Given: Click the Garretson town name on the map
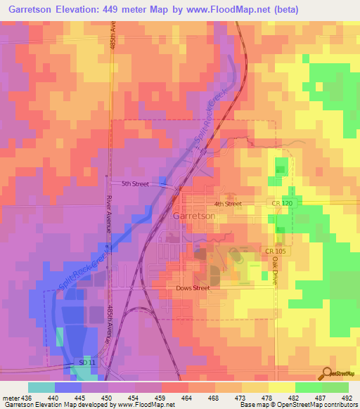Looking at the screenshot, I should pyautogui.click(x=193, y=216).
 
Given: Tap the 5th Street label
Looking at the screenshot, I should pyautogui.click(x=135, y=184).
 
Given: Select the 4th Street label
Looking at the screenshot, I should pyautogui.click(x=228, y=204).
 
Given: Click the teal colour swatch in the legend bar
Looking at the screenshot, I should pyautogui.click(x=41, y=387).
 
